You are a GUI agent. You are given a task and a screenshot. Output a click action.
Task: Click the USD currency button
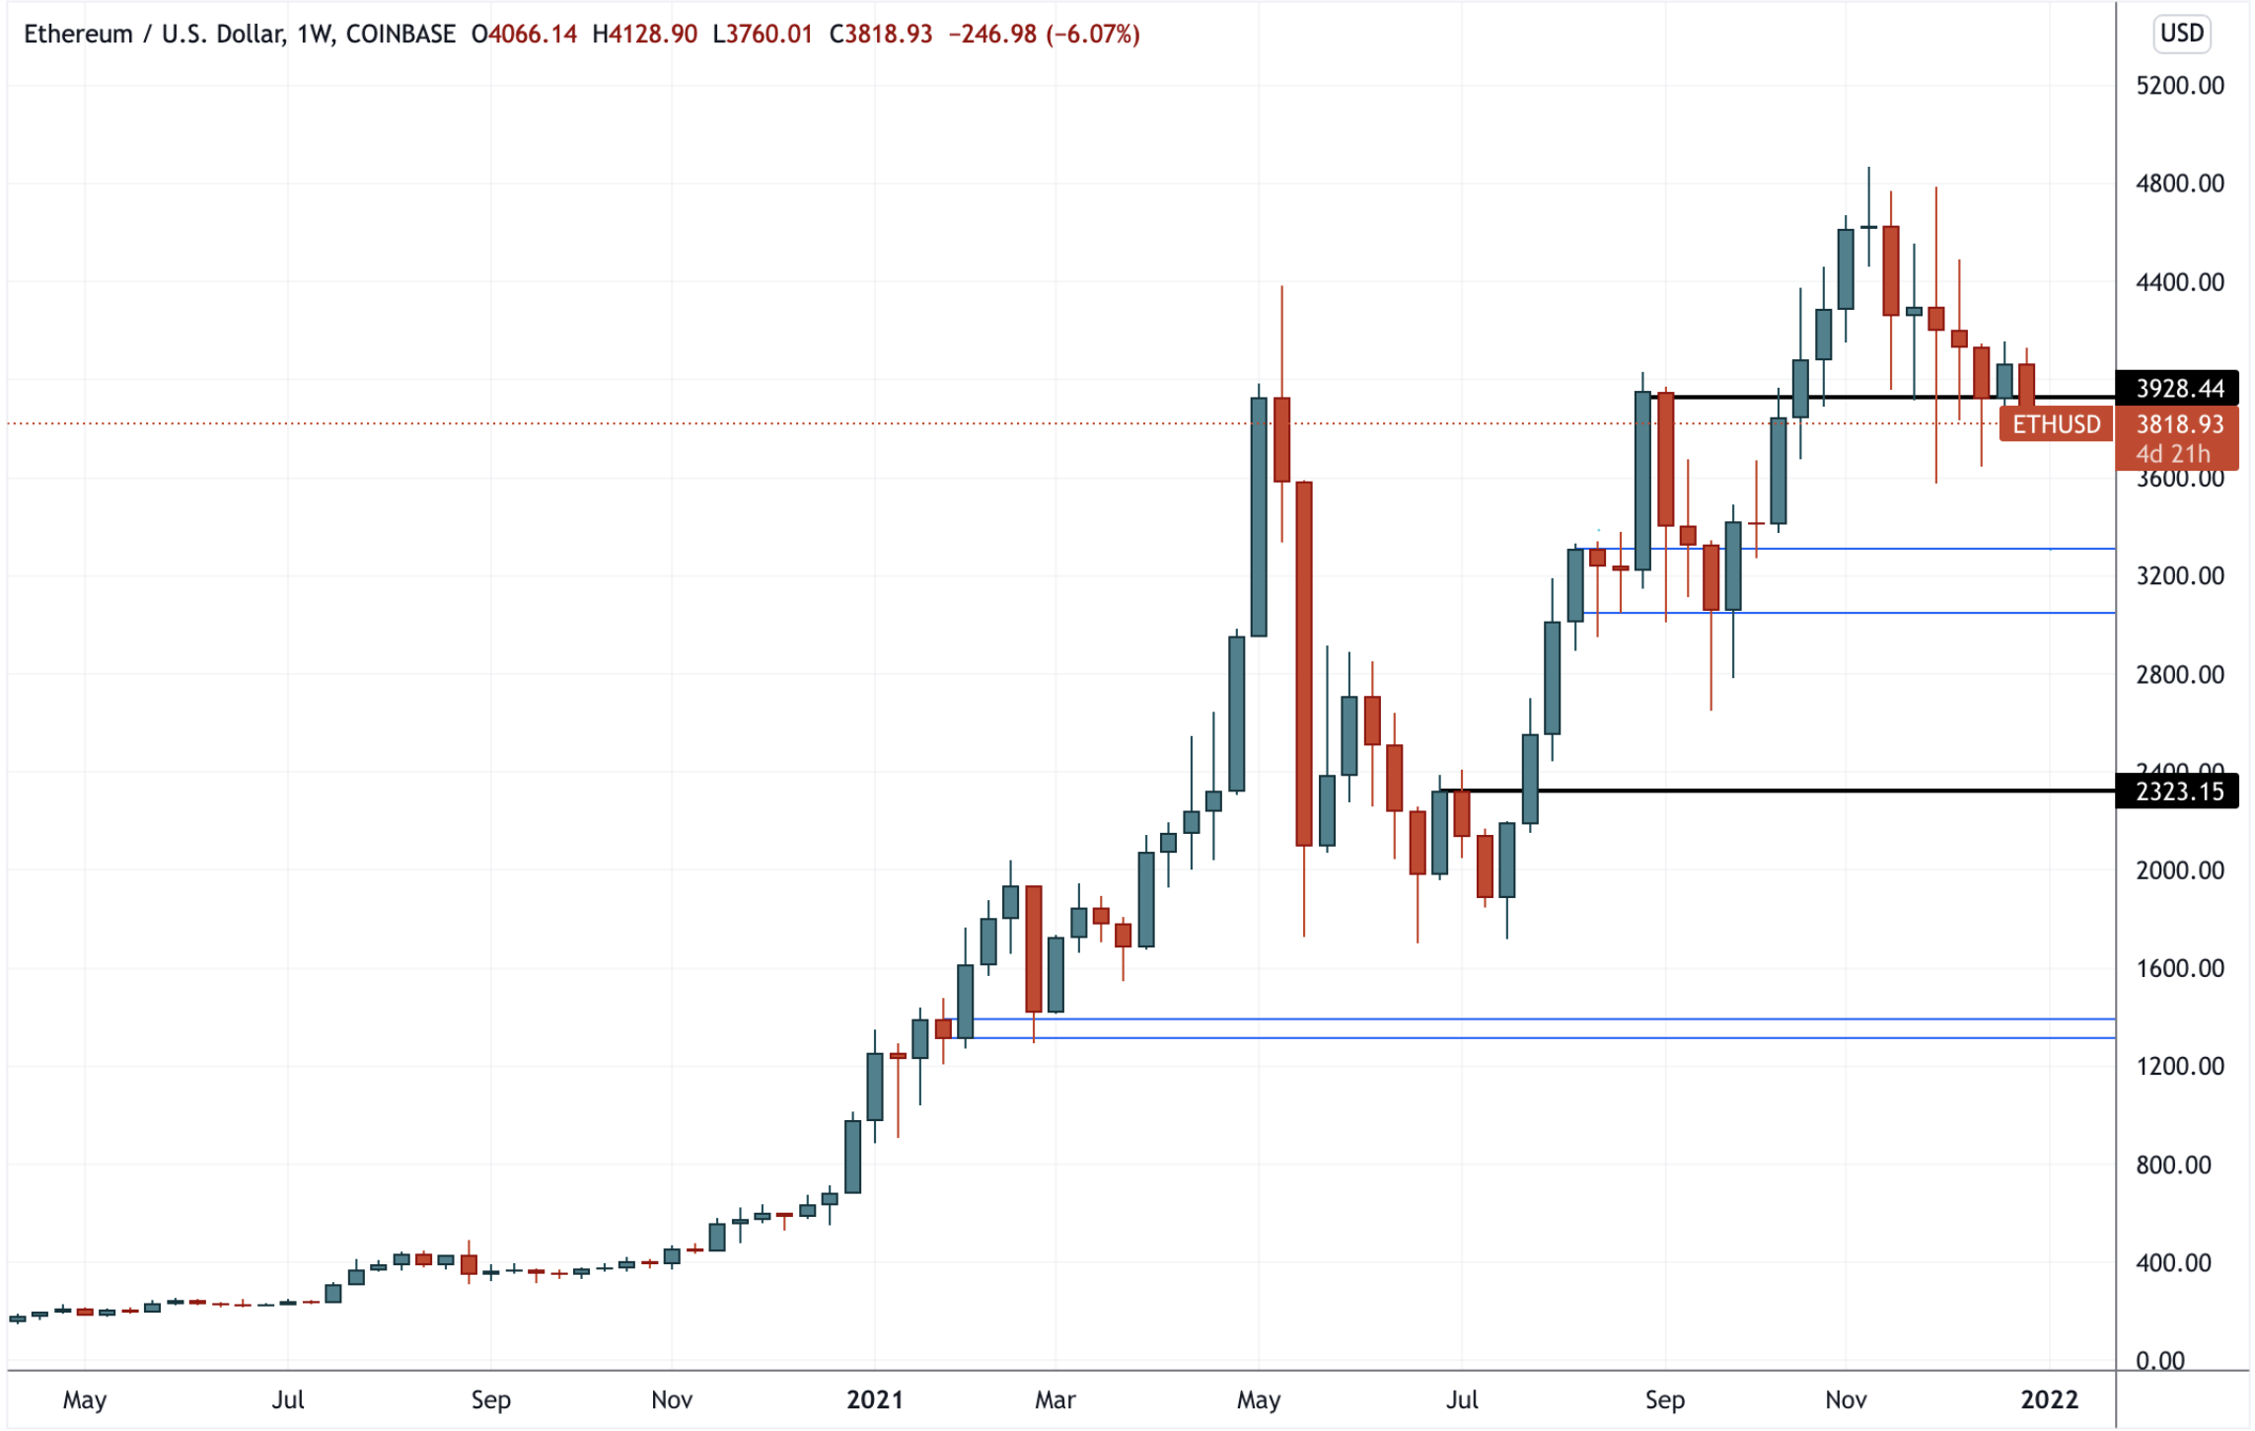click(2180, 34)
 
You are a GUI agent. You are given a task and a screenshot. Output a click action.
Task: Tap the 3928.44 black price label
click(2179, 389)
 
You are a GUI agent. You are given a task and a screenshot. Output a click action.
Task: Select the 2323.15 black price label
click(2179, 791)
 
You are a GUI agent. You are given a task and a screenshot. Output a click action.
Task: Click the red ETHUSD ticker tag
click(2056, 424)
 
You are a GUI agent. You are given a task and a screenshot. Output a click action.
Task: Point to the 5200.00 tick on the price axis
click(2179, 86)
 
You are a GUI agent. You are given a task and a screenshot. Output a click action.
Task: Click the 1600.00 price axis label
click(2179, 968)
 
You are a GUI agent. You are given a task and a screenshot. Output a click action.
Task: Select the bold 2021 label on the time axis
click(875, 1399)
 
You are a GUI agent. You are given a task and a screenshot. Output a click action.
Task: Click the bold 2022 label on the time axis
click(2049, 1399)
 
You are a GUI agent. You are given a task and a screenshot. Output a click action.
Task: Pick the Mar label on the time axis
click(1055, 1399)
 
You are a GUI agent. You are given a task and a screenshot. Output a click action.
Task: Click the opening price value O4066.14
click(524, 35)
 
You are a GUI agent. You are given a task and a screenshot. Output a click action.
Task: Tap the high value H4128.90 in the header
click(644, 35)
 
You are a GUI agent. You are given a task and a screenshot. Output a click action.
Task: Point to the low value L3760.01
click(763, 35)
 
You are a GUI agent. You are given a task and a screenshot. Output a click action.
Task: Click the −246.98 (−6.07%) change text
click(1044, 35)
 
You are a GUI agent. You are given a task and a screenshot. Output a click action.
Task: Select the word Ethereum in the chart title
click(78, 35)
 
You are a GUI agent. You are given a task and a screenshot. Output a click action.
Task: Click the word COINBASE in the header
click(400, 35)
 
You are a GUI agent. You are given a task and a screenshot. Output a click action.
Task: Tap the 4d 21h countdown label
click(2173, 454)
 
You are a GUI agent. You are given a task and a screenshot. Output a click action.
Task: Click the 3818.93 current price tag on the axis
click(2179, 424)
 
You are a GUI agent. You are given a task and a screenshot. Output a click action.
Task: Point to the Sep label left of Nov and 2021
click(490, 1399)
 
